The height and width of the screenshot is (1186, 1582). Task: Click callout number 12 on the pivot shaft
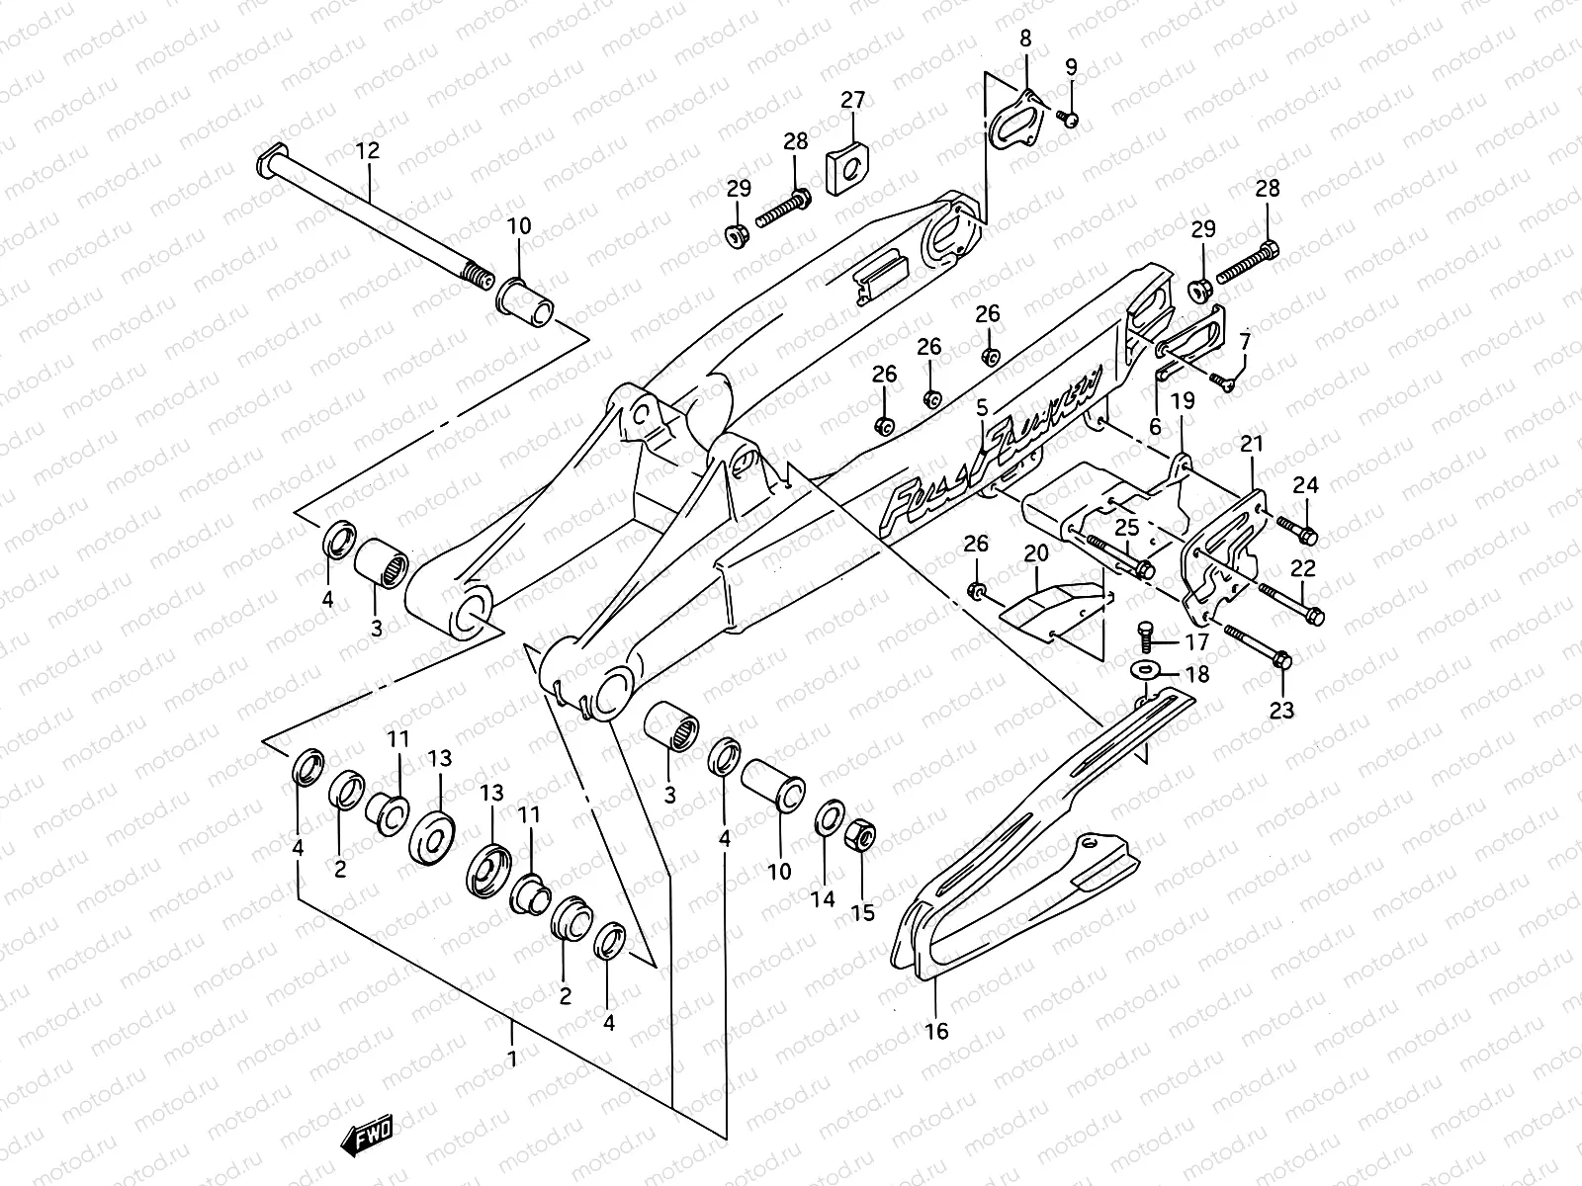(x=367, y=152)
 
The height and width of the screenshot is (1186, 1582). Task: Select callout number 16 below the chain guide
(x=935, y=1031)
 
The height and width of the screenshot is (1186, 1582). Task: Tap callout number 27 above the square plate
(x=852, y=100)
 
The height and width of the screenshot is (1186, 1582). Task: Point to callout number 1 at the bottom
(x=511, y=1059)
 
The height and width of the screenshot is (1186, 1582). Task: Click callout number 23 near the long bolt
(x=1281, y=710)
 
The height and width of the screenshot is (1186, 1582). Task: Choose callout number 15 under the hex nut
(x=863, y=911)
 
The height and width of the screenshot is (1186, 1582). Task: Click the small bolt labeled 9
(x=1069, y=120)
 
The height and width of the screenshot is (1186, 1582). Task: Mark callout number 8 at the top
(x=1025, y=40)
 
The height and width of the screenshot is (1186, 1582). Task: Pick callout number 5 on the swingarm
(x=982, y=407)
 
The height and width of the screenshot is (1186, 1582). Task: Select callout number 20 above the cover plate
(x=1035, y=553)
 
